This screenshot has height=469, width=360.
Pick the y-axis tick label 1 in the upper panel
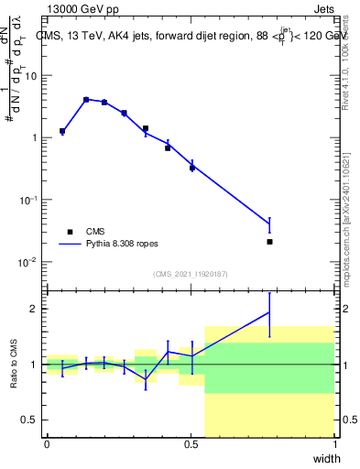point(34,137)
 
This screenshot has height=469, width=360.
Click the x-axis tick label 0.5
point(191,444)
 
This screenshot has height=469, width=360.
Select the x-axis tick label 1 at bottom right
point(334,444)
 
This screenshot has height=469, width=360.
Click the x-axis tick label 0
point(47,444)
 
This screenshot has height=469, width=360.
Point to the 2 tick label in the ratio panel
point(34,310)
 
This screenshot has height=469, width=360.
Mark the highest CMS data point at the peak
point(86,99)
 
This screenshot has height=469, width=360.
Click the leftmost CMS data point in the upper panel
point(62,131)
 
